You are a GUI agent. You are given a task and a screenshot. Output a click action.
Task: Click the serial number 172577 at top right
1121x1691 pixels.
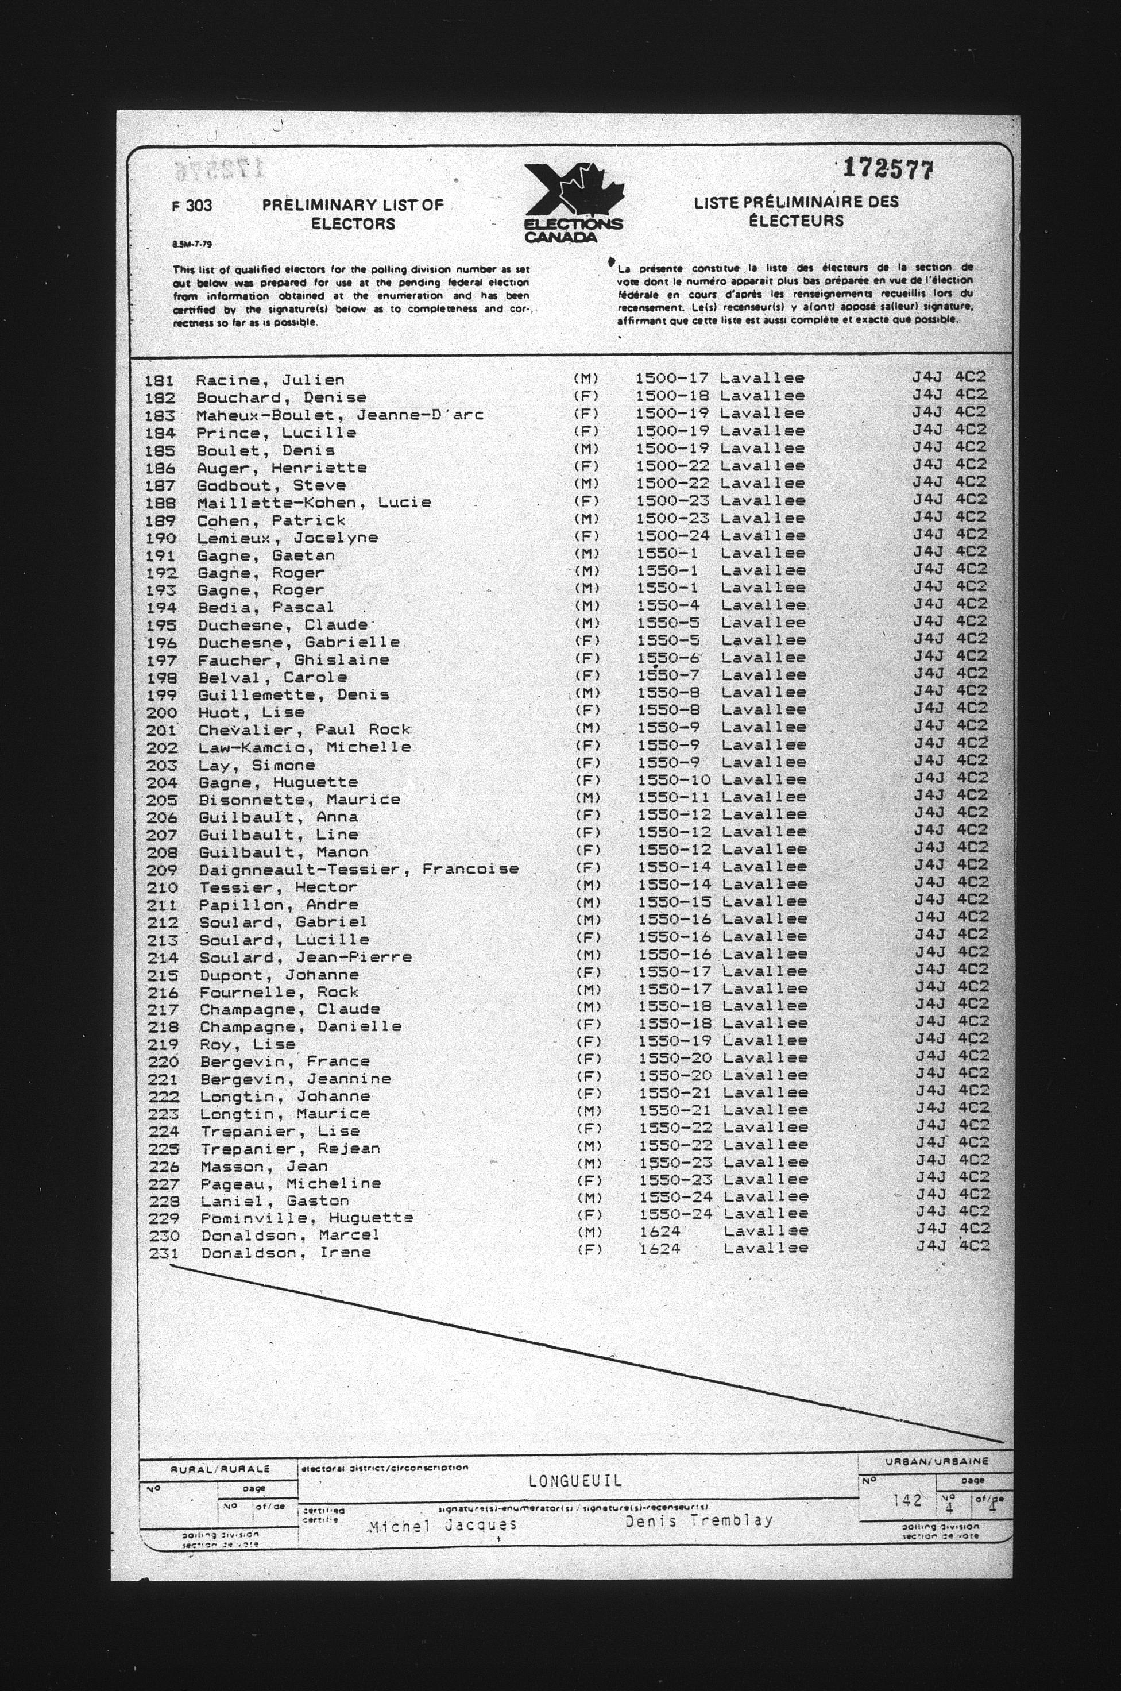point(888,169)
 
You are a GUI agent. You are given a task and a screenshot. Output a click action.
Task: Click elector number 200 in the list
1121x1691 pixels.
point(161,713)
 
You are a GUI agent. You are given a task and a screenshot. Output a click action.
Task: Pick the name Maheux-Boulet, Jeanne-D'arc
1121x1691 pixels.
point(339,415)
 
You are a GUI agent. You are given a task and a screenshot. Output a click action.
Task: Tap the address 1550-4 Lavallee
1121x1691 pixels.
point(721,605)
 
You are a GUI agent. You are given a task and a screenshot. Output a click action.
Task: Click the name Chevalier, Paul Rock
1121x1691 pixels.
point(304,730)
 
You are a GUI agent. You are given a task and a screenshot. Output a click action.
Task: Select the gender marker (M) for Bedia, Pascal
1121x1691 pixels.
point(586,607)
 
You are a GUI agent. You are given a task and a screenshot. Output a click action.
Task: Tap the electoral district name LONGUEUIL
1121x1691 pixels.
point(575,1480)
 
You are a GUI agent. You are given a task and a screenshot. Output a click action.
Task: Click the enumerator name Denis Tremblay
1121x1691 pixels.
point(698,1521)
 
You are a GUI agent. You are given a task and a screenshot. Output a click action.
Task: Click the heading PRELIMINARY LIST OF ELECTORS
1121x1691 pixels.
point(353,214)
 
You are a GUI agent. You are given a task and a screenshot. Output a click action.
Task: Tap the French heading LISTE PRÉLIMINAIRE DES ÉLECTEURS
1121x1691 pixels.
point(796,211)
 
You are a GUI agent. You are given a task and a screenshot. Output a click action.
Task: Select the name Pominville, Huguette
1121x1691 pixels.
point(307,1217)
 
